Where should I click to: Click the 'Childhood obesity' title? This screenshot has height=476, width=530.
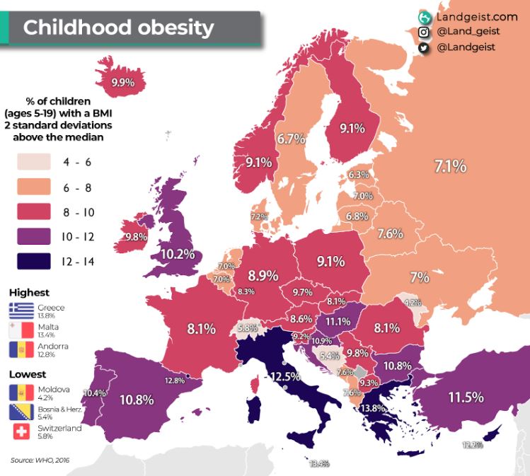click(x=118, y=28)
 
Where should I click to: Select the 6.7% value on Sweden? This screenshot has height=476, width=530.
click(x=290, y=139)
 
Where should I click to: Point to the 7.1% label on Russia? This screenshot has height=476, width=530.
click(x=450, y=167)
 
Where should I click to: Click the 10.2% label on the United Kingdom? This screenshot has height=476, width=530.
click(x=178, y=253)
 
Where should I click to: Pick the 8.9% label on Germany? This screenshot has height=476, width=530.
click(x=263, y=277)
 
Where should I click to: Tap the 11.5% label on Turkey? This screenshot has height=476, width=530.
click(x=465, y=397)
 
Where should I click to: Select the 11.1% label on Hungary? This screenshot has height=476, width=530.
click(x=338, y=322)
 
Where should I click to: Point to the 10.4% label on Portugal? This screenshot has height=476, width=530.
click(x=94, y=393)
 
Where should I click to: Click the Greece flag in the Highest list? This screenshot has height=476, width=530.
click(x=21, y=310)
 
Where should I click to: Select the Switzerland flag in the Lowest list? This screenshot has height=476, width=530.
click(x=21, y=431)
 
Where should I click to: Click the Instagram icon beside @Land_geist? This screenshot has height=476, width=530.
click(x=424, y=32)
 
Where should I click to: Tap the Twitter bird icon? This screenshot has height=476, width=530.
click(x=424, y=47)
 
